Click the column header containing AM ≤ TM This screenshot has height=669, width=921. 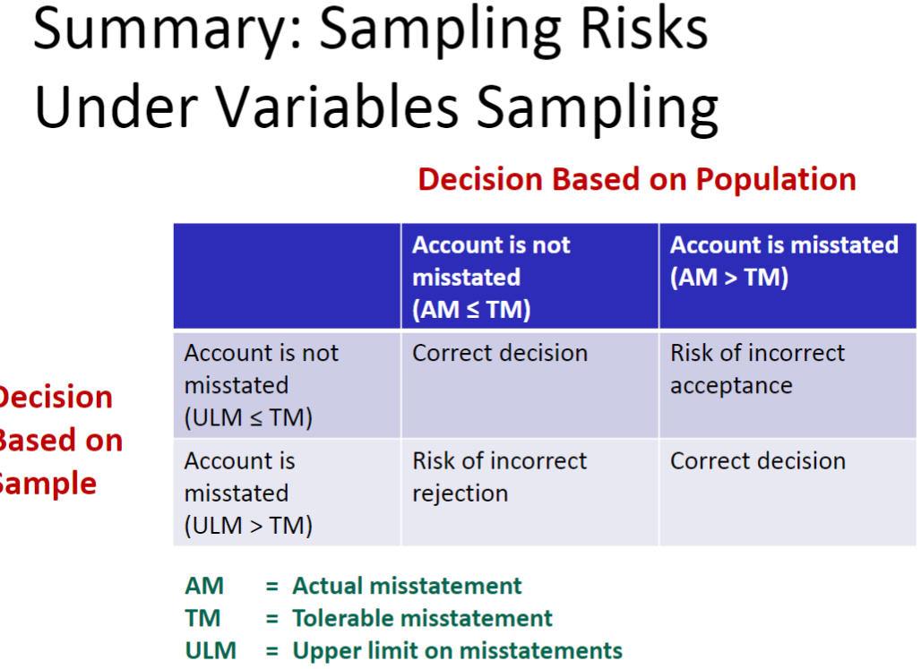coord(529,277)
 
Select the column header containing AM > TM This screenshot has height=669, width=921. coord(787,276)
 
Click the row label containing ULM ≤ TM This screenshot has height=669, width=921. coord(286,385)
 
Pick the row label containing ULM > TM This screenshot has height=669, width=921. coord(286,493)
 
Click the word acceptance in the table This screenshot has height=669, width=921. coord(731,386)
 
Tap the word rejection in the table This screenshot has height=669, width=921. coord(460,493)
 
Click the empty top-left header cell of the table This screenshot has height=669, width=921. coord(287,276)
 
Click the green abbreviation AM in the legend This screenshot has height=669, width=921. coord(204,587)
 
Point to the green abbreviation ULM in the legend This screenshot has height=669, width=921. coord(211,650)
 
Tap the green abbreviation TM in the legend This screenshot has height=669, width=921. coord(202,618)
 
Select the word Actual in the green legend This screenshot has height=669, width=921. coord(329,587)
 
